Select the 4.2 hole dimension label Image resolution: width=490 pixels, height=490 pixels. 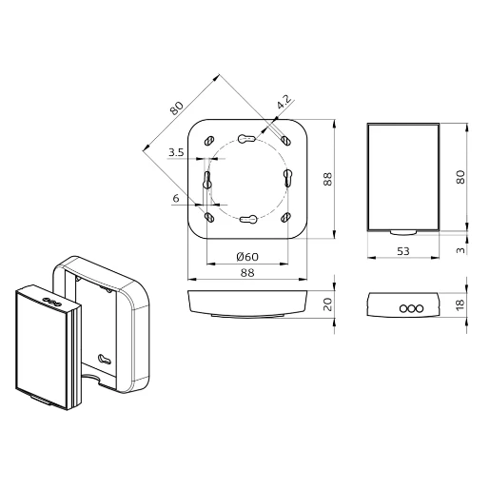(x=283, y=102)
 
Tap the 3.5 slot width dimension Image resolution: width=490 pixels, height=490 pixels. (x=175, y=152)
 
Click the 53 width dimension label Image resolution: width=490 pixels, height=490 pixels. (x=403, y=251)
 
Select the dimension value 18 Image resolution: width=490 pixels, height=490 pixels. (x=460, y=304)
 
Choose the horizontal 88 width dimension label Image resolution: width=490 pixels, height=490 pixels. (x=246, y=272)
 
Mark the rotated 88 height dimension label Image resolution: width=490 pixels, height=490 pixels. (x=325, y=178)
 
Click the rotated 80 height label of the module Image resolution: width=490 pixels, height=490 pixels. (x=460, y=177)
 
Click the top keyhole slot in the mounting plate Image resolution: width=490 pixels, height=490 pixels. (x=247, y=138)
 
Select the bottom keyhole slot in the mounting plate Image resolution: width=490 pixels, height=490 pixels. (x=247, y=220)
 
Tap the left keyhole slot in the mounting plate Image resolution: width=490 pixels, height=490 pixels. (x=206, y=179)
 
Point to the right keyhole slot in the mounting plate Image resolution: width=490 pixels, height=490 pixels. (x=288, y=179)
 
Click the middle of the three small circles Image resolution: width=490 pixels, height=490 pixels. (x=403, y=308)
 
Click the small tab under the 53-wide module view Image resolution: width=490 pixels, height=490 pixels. (x=403, y=231)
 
